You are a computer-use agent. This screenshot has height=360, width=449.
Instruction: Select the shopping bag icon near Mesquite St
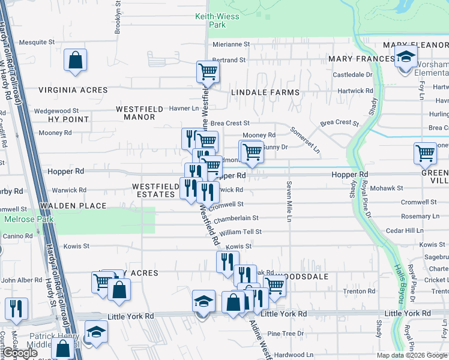point(75,60)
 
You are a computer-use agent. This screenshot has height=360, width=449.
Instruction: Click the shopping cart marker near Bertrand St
point(208,72)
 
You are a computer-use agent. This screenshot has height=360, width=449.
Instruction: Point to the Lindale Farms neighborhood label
point(265,92)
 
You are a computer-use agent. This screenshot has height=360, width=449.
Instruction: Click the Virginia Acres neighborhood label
point(73,90)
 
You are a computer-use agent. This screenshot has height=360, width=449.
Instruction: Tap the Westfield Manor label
point(139,113)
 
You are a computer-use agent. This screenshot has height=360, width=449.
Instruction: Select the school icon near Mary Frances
point(406,56)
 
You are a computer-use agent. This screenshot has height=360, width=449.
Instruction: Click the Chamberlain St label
point(236,218)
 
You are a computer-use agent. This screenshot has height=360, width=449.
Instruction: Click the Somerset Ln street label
point(306,142)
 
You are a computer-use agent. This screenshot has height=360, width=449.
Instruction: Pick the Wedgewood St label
point(56,111)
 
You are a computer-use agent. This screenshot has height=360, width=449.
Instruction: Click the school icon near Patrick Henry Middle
point(95,332)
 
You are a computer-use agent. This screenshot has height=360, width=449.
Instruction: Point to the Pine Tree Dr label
point(286,334)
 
